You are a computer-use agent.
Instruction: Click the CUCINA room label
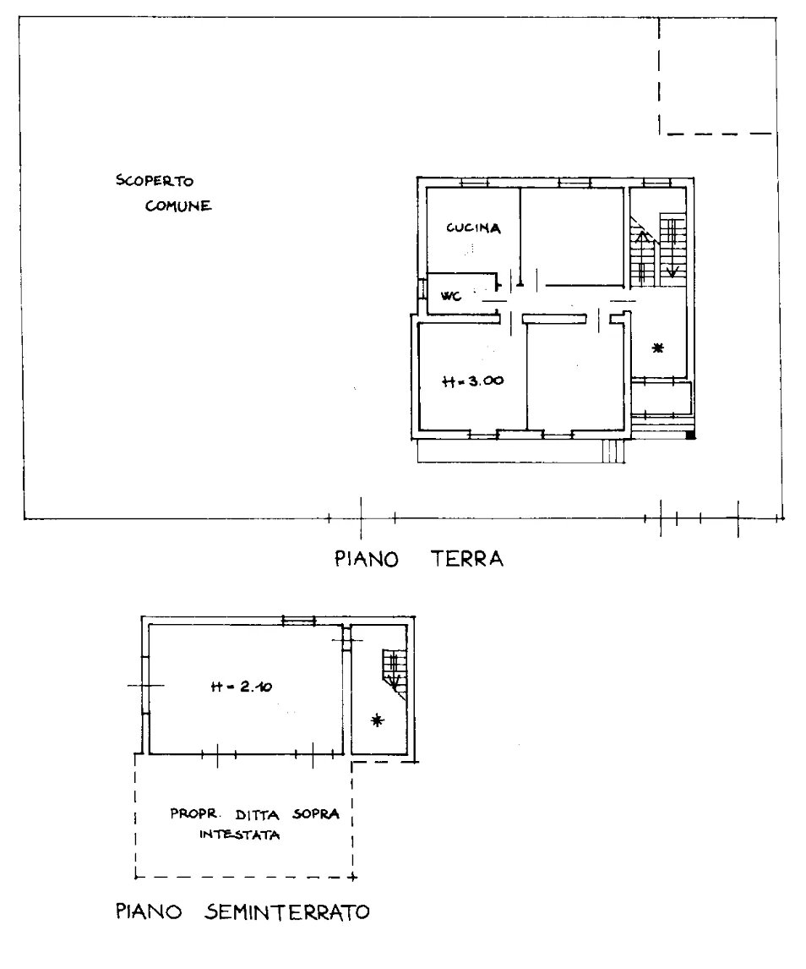pos(473,228)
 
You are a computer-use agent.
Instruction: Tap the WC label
pos(451,296)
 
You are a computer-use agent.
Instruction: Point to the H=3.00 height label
pos(473,380)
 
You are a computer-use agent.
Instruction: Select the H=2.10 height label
pos(242,686)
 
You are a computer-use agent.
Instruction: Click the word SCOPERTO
pos(155,181)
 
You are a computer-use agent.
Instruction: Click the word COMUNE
pos(178,205)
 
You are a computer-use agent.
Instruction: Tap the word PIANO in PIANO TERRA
pos(367,559)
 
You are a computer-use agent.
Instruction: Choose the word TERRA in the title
pos(466,559)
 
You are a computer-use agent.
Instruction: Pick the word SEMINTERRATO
pos(286,912)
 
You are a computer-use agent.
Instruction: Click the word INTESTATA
pos(240,835)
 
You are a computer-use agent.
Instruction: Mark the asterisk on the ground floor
pos(658,348)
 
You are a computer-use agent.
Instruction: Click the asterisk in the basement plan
pos(378,720)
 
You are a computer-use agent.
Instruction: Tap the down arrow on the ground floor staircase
pos(672,260)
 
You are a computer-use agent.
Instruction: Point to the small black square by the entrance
pos(691,435)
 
